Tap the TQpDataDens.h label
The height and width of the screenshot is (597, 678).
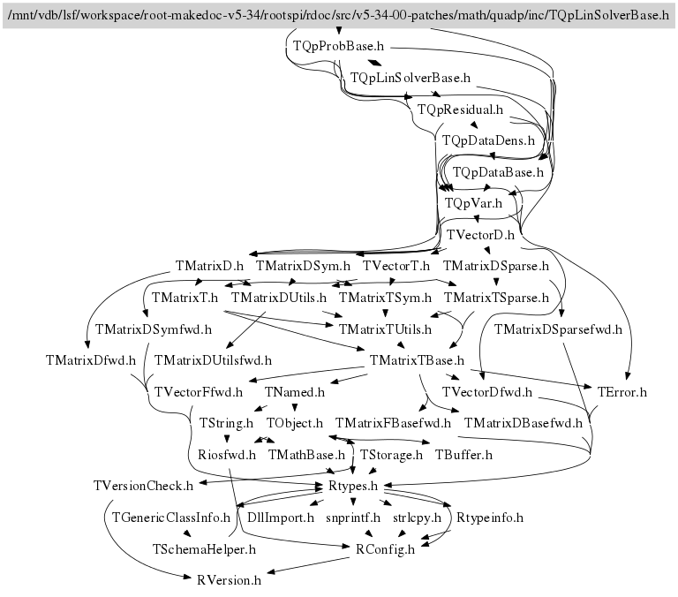click(488, 140)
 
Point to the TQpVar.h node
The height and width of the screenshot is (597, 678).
click(473, 203)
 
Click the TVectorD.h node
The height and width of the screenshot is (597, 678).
click(480, 235)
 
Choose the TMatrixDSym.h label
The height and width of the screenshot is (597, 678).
click(303, 265)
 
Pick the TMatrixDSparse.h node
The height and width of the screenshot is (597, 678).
click(495, 265)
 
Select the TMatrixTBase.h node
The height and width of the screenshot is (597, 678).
click(418, 360)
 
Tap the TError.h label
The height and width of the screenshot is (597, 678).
click(622, 391)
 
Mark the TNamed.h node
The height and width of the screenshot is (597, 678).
click(295, 391)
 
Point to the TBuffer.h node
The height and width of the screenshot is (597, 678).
click(463, 455)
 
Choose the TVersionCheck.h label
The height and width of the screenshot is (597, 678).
click(142, 486)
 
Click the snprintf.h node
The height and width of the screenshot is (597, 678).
click(353, 518)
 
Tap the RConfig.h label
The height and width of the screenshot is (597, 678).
click(385, 548)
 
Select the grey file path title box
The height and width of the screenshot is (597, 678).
click(339, 14)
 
